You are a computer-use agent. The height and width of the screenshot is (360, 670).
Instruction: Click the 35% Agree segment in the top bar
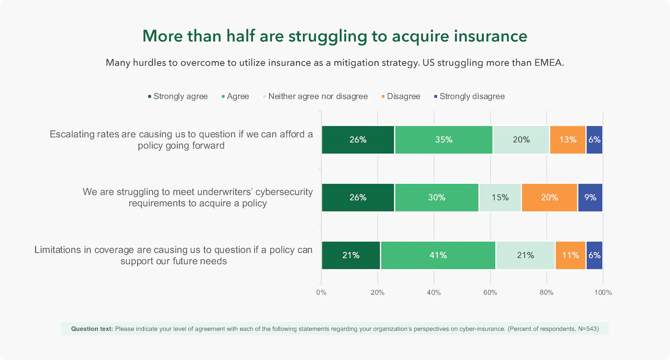(x=444, y=140)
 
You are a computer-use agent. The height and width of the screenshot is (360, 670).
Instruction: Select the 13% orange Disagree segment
(x=567, y=140)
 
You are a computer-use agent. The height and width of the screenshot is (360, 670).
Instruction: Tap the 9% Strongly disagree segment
(x=590, y=197)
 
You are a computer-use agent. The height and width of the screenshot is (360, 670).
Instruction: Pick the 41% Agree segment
(x=438, y=255)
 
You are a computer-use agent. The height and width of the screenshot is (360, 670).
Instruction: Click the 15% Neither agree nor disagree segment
(x=500, y=197)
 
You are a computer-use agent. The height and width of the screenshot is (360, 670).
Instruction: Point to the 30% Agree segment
(x=436, y=197)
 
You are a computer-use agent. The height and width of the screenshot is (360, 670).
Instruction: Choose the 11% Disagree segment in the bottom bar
(x=570, y=255)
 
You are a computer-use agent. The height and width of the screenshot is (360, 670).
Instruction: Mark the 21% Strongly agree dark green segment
(x=351, y=255)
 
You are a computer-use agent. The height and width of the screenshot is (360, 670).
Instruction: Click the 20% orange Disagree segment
(x=549, y=197)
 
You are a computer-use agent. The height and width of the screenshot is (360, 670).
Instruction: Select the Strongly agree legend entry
(x=178, y=96)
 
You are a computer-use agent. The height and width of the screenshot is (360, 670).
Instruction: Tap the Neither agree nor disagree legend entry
(x=315, y=96)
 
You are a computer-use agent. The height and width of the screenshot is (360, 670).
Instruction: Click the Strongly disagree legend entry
(x=469, y=96)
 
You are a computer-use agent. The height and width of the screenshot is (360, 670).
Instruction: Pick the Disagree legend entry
(x=401, y=96)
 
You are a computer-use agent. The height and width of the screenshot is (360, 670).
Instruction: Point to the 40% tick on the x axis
(x=434, y=293)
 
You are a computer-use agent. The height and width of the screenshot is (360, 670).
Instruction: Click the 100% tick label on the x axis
(x=603, y=293)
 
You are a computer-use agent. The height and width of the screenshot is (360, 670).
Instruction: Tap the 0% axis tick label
(x=321, y=293)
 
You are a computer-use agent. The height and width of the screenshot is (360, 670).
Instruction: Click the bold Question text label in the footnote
(x=92, y=329)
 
